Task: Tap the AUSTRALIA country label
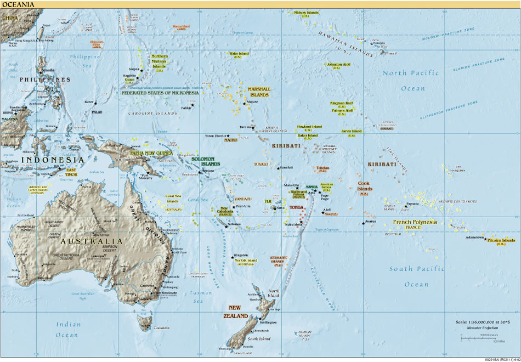point(92,241)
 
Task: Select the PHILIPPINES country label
point(45,80)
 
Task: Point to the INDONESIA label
point(52,160)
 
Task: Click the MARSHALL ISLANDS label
point(259,92)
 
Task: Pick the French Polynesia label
point(415,223)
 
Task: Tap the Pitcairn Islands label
point(501,241)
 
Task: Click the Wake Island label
point(239,54)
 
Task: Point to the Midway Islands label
point(306,12)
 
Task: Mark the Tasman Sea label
point(201,297)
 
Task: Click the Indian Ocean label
point(67,329)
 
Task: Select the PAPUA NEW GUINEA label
point(151,153)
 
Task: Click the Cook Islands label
point(365,186)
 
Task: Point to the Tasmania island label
point(161,327)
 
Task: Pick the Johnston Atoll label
point(338,65)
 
